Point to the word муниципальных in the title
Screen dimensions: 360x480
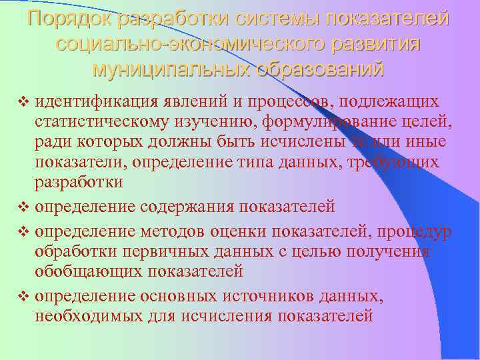[x=167, y=68]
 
